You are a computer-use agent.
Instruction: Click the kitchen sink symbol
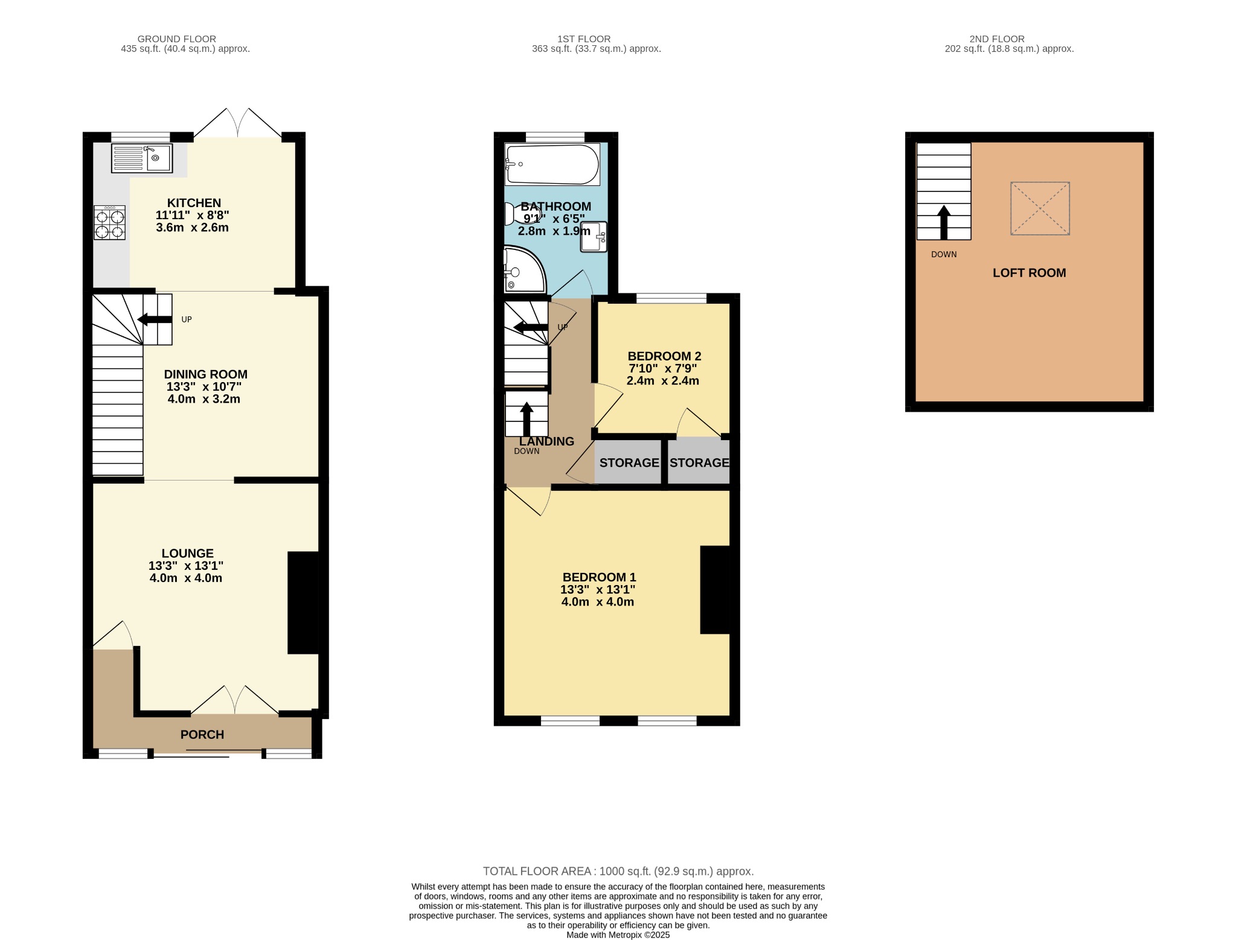142,158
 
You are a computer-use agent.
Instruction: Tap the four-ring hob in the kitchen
109,223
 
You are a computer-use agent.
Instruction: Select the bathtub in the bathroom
552,164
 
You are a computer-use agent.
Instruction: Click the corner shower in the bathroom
523,270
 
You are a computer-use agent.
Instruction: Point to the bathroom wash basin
593,237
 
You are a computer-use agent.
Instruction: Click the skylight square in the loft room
1040,208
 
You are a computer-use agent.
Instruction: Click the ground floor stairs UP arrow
155,319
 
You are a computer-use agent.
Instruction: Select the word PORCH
202,735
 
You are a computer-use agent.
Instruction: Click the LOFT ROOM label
1029,273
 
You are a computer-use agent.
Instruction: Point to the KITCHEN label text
194,203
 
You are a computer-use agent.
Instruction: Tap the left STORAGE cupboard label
629,463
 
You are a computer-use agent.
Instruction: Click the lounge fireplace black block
303,603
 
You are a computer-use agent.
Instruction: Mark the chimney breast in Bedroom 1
716,590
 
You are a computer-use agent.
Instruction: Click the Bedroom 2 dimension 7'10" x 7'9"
663,368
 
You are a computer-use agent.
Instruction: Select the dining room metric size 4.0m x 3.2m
204,399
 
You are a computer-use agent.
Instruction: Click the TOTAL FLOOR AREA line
618,871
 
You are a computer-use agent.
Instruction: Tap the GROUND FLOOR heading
176,39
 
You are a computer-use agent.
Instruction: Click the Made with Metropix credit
618,935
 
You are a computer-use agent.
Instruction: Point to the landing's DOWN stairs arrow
527,418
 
